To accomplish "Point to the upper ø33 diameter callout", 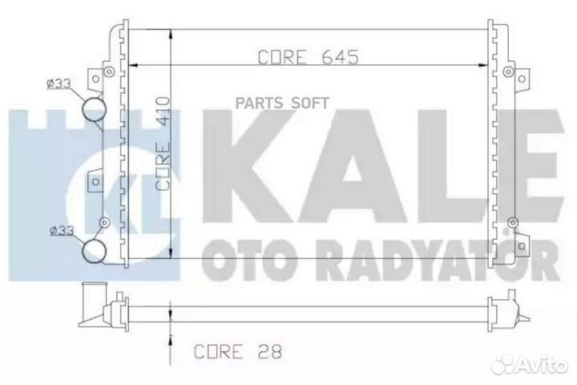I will [x=61, y=83].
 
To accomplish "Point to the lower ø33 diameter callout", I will [x=61, y=230].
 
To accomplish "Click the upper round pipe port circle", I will [x=95, y=108].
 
